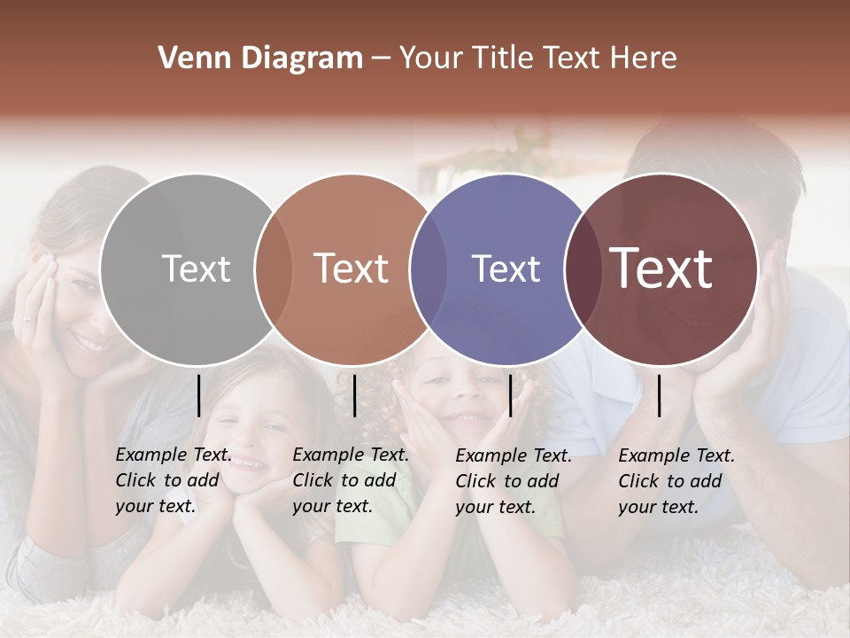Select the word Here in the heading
point(645,58)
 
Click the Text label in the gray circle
point(196,268)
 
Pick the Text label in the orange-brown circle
point(351,268)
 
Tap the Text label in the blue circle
point(506,268)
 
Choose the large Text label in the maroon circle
point(661,268)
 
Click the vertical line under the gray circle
point(198,395)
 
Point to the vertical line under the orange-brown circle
point(354,395)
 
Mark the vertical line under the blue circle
point(510,395)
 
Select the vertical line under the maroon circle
point(660,395)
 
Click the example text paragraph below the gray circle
point(174,480)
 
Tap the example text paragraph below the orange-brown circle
point(351,480)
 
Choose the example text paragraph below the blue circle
point(514,481)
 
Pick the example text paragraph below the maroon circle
point(676,481)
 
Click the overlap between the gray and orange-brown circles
point(274,269)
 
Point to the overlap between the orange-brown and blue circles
point(429,269)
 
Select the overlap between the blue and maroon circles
point(581,269)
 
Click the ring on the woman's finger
point(27,318)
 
